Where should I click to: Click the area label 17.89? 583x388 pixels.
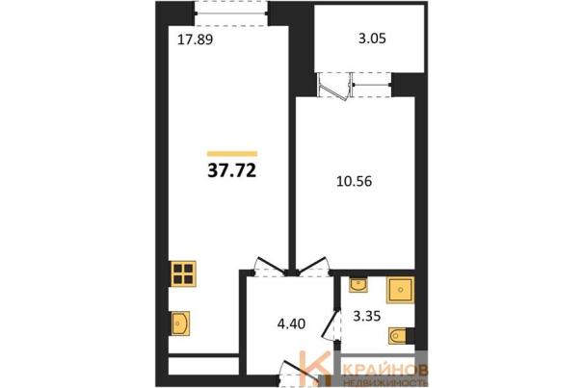click(x=196, y=39)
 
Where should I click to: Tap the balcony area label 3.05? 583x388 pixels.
click(x=372, y=39)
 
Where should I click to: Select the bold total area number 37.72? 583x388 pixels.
click(x=232, y=171)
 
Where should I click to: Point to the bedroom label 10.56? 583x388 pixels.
click(x=354, y=181)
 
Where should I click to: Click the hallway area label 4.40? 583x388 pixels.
click(x=291, y=323)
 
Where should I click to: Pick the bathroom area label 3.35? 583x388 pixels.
click(x=366, y=316)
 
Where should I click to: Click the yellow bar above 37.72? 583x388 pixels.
click(x=232, y=153)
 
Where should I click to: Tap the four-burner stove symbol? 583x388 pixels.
click(x=183, y=273)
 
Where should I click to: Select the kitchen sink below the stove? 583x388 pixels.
click(x=180, y=323)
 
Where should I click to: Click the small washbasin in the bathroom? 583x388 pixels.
click(x=358, y=285)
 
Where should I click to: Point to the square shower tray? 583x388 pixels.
click(x=400, y=290)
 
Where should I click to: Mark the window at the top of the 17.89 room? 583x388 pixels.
click(x=231, y=13)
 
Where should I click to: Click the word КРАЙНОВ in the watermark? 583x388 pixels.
click(x=386, y=370)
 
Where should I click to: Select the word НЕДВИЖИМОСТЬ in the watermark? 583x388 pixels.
click(x=386, y=382)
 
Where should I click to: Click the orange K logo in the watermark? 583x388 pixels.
click(x=314, y=369)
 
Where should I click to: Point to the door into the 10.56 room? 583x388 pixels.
click(x=313, y=267)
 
